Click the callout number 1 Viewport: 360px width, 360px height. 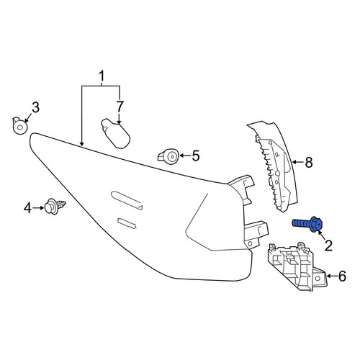(102, 76)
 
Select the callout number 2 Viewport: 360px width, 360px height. (328, 246)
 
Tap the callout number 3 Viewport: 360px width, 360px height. (35, 107)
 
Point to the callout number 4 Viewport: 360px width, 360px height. (27, 208)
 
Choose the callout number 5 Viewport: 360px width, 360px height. (196, 156)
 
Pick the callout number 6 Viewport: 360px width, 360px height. (342, 276)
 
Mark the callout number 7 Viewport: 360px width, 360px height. (120, 107)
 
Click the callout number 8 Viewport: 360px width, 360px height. (309, 162)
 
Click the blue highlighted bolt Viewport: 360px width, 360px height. (307, 224)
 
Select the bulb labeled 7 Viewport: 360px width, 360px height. (116, 133)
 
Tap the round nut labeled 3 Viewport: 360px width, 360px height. (19, 126)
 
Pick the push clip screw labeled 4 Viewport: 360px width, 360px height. (55, 207)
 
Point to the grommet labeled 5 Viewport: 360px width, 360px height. (169, 156)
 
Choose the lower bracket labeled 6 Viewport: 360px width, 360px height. (297, 266)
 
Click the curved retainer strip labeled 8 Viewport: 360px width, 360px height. (276, 166)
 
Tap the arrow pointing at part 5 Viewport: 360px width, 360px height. (185, 156)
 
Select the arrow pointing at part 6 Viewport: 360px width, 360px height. (331, 276)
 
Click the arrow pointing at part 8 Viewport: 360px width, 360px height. (297, 163)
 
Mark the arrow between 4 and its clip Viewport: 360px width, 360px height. (38, 208)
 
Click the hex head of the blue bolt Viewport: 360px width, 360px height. (316, 225)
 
